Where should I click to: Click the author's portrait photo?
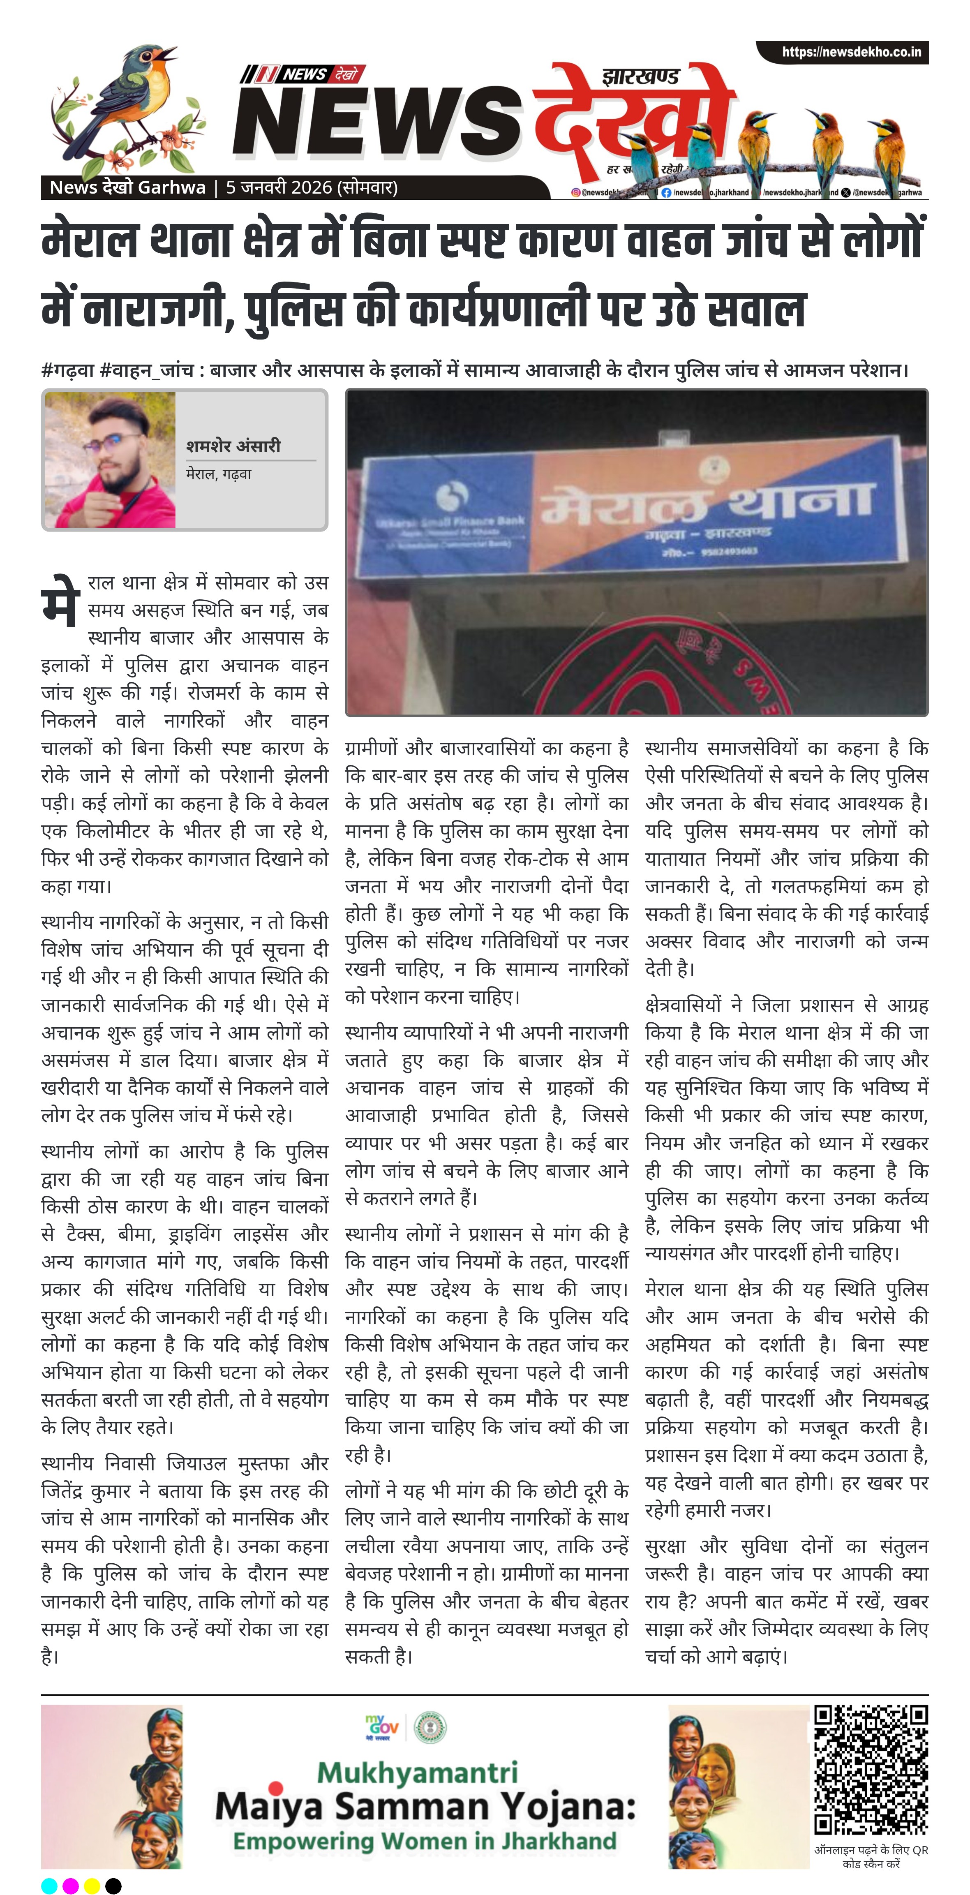[110, 459]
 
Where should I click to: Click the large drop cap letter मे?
[60, 600]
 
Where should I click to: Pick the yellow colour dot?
[92, 1886]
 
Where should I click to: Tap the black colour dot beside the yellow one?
[113, 1886]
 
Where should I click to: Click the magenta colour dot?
[71, 1886]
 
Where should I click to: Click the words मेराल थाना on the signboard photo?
[706, 502]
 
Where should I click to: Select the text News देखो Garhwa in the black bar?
[127, 187]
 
